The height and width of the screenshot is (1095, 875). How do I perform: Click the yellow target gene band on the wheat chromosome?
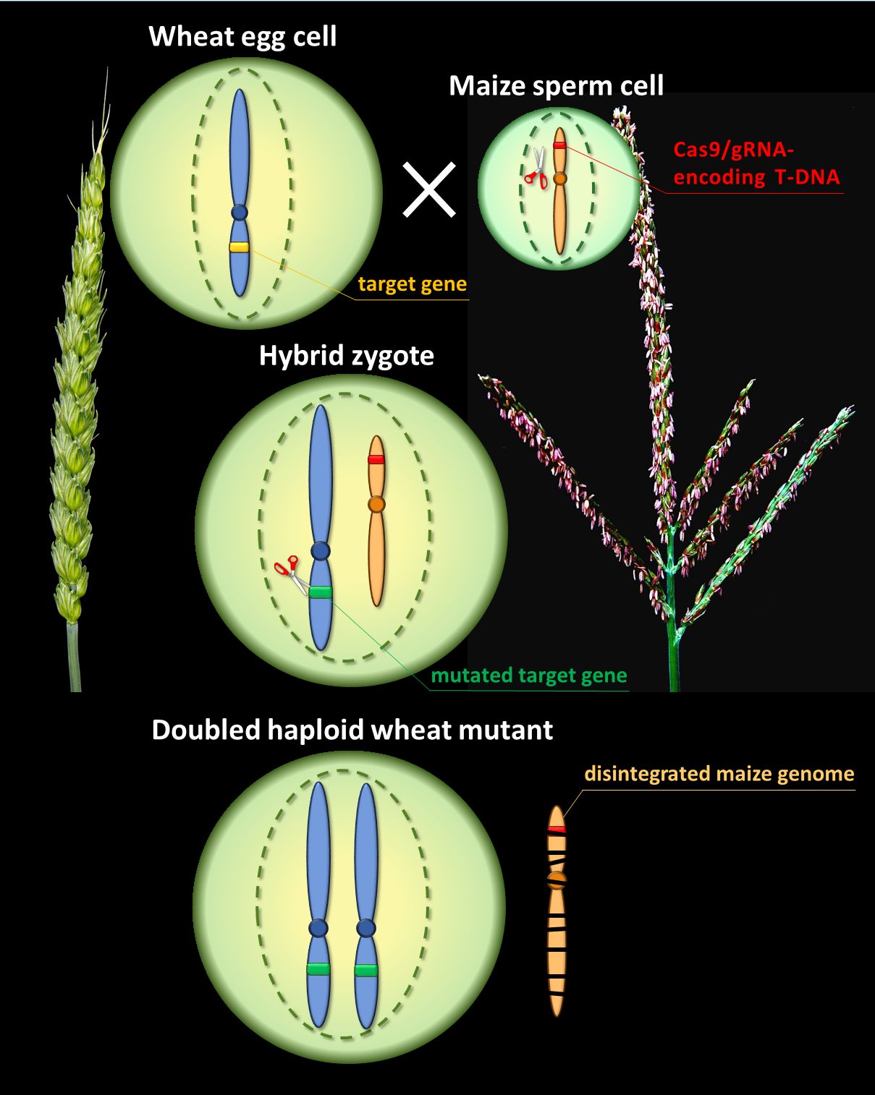click(x=240, y=247)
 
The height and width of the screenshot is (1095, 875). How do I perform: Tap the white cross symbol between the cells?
click(x=429, y=189)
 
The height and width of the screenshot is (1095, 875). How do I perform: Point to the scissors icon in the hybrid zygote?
click(x=290, y=571)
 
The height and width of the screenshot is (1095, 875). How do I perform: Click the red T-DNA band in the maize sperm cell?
click(x=559, y=145)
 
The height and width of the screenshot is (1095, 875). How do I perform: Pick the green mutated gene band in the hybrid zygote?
click(x=321, y=592)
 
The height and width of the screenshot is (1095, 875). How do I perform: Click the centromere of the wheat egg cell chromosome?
click(x=240, y=213)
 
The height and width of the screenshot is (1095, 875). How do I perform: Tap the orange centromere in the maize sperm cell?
click(x=559, y=178)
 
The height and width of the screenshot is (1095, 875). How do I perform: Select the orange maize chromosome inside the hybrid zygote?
click(x=376, y=521)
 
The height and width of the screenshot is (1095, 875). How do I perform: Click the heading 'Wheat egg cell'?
click(x=242, y=36)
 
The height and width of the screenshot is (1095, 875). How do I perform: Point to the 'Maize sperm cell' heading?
click(x=556, y=86)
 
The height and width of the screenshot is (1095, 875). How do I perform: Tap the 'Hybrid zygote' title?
click(x=347, y=356)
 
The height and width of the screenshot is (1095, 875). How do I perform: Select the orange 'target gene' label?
click(x=412, y=284)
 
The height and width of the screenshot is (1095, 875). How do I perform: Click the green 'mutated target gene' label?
click(x=529, y=676)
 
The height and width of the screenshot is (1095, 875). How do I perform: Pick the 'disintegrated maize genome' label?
click(x=719, y=774)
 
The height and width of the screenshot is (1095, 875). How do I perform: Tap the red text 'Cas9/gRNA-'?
click(x=733, y=150)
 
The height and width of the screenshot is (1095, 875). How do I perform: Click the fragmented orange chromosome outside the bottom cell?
click(x=557, y=911)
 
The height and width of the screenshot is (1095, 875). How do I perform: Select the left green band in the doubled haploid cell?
click(x=318, y=969)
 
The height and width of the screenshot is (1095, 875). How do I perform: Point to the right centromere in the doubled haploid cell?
click(x=366, y=928)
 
